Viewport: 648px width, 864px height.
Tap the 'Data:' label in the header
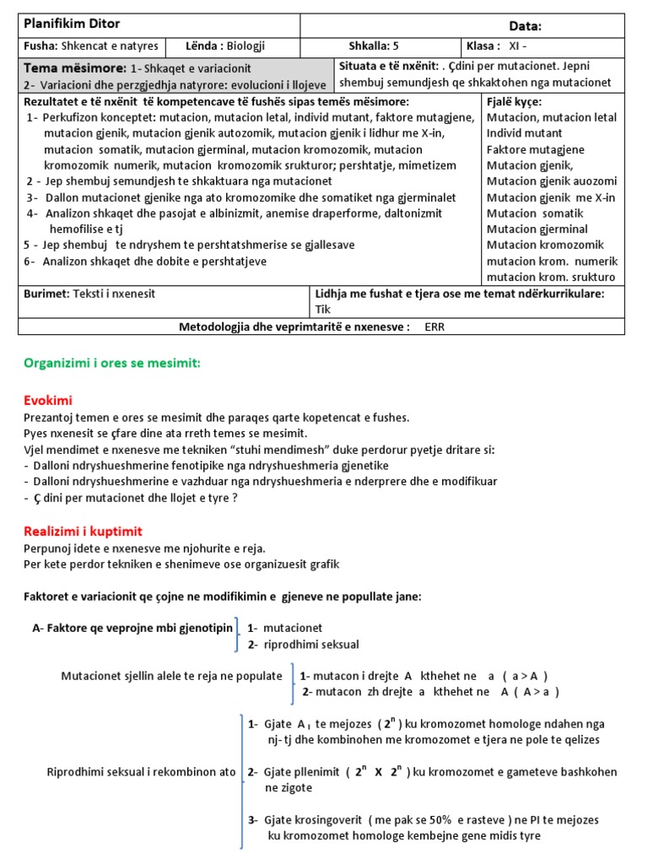tap(526, 26)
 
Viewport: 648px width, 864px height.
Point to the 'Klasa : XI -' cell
tap(503, 46)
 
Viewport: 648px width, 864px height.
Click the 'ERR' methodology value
tap(435, 327)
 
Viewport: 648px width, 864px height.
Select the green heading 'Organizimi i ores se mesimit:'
tap(112, 363)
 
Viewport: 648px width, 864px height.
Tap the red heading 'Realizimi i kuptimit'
tap(84, 531)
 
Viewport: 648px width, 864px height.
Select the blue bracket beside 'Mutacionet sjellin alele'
tap(292, 684)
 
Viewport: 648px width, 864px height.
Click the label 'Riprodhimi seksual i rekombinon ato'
tap(141, 772)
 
